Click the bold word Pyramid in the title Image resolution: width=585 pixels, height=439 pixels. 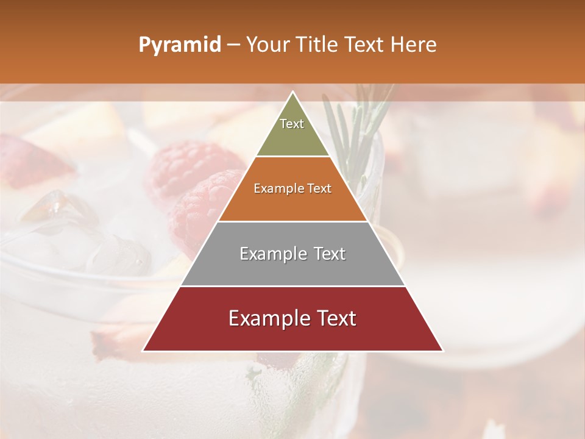[x=179, y=45]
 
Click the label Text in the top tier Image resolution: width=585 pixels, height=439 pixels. [x=292, y=124]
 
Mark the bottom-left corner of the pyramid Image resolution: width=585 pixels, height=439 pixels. [x=143, y=351]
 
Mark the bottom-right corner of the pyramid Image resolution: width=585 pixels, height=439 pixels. [x=442, y=351]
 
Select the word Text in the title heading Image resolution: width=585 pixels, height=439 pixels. [x=366, y=45]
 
